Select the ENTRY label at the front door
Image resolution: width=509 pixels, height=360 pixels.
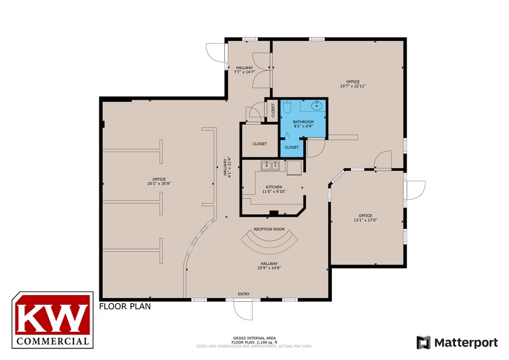(x=244, y=294)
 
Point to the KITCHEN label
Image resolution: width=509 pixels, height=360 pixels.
(x=274, y=187)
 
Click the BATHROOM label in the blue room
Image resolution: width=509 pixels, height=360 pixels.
(x=303, y=122)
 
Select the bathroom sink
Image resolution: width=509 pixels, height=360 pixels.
(x=317, y=105)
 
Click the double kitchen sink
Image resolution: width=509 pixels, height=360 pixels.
(x=271, y=165)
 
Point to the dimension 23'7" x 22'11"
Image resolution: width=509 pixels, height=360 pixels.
(x=352, y=86)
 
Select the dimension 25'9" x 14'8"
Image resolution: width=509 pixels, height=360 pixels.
(x=270, y=268)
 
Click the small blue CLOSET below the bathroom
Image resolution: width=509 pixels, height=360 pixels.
(x=292, y=148)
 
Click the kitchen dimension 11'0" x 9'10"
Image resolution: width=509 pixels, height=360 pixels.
(x=274, y=191)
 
